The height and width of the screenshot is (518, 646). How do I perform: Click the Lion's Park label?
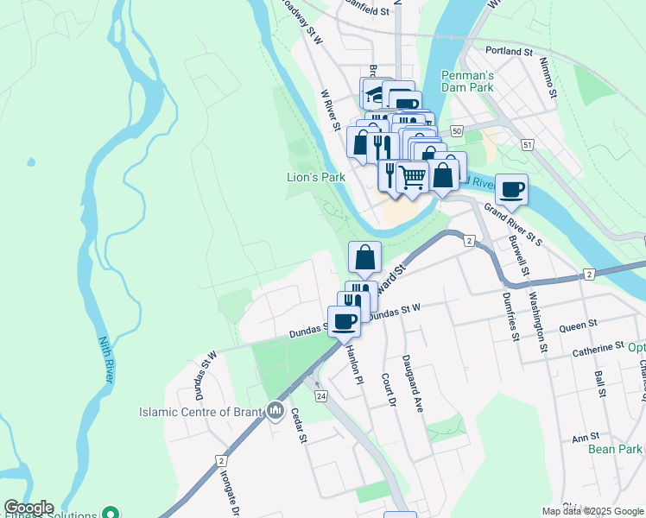coord(316,177)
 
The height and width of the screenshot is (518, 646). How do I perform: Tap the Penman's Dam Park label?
coord(467,81)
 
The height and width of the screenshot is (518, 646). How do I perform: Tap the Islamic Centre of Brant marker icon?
coord(275,409)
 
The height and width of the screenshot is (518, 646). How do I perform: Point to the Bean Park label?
coord(615,449)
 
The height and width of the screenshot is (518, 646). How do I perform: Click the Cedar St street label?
coord(299,426)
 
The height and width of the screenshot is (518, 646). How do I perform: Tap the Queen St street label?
coord(579,325)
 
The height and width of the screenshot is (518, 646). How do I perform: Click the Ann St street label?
coord(586,439)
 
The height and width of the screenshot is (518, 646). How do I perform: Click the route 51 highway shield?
coord(527,145)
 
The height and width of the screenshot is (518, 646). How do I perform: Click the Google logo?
coord(28,508)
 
